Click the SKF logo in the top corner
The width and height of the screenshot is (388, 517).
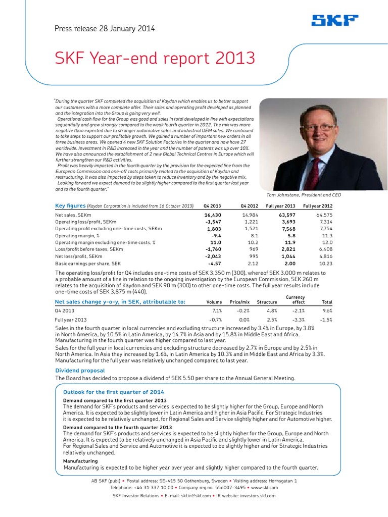335,21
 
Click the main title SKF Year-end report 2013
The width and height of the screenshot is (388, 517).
155,59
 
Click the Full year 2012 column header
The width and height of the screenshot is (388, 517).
317,206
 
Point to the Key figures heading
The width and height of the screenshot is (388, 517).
70,205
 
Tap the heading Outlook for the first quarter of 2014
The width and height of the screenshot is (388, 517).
113,392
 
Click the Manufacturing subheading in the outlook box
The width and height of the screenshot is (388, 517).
80,461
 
